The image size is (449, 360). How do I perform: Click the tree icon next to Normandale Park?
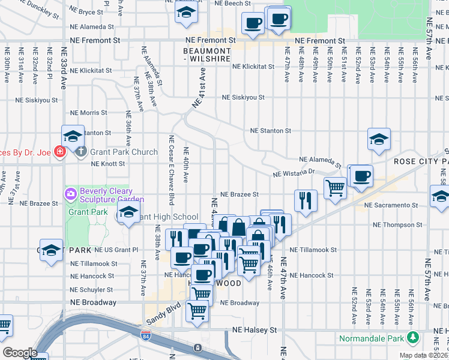412,337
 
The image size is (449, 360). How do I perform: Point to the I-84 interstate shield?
145,336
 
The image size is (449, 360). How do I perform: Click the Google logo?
20,353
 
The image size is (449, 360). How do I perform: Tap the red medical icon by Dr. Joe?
59,151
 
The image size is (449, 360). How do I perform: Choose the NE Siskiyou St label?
243,97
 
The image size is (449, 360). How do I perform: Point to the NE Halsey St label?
255,330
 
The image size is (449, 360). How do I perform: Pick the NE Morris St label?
88,112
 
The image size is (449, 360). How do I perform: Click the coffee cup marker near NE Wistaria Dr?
360,176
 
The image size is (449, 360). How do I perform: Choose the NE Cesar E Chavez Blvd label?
171,170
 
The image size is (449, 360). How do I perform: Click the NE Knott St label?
107,163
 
